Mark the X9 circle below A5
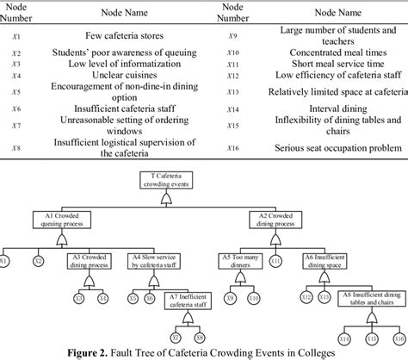point(229,298)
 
